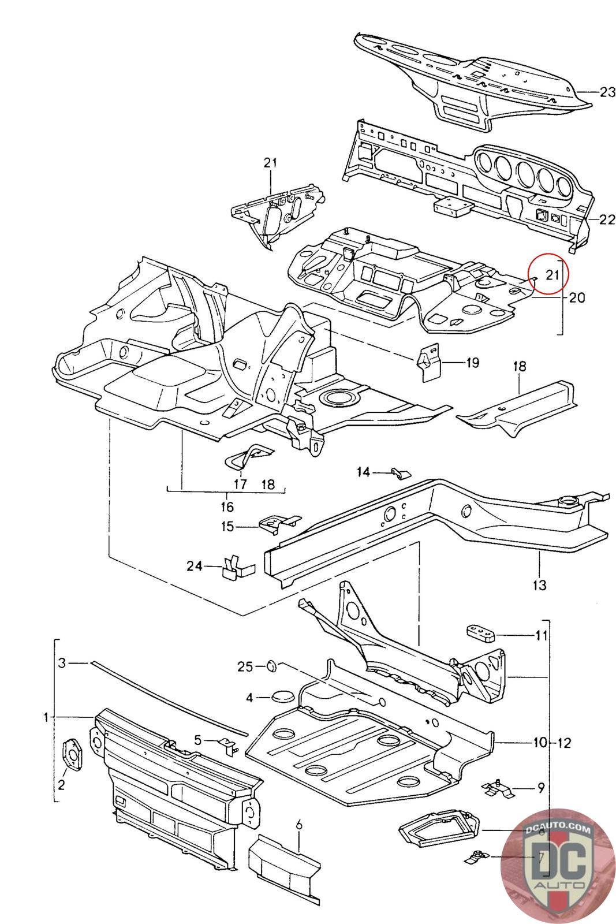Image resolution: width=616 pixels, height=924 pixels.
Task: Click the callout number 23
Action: (x=607, y=92)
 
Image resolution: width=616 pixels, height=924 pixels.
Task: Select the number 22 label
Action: (x=607, y=219)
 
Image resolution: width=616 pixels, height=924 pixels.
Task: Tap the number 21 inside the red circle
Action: (x=552, y=275)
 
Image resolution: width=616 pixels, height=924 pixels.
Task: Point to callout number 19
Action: (x=472, y=363)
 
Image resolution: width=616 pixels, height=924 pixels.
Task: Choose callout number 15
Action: (x=227, y=526)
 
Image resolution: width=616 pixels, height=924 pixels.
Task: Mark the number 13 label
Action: (x=539, y=586)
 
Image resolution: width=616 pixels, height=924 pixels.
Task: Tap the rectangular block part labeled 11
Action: (x=480, y=633)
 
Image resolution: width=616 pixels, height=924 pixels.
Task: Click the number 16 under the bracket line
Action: (x=227, y=506)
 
